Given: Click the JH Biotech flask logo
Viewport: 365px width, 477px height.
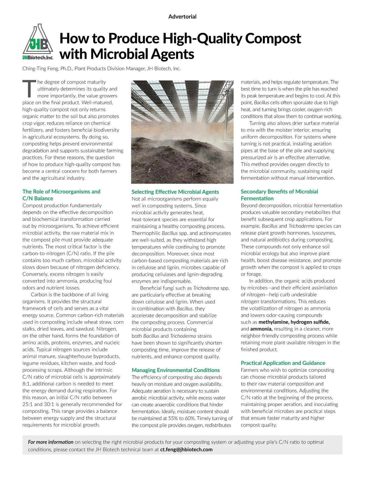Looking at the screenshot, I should click(38, 42).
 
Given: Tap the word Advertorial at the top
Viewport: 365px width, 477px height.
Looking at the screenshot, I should click(182, 16).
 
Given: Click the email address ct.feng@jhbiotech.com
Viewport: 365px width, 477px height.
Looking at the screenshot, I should click(186, 449).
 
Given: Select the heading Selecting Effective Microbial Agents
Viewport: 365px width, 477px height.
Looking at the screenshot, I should click(175, 192).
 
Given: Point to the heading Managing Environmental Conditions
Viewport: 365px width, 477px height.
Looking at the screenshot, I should click(176, 370).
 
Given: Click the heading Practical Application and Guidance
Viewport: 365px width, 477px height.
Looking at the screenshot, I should click(283, 363).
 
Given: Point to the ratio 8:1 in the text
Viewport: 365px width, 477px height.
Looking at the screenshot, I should click(26, 384).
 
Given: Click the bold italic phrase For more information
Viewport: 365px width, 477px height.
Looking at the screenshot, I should click(50, 442).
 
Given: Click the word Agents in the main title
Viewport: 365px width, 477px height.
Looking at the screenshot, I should click(172, 54).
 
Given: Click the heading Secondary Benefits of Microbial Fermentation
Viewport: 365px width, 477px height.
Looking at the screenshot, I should click(279, 195).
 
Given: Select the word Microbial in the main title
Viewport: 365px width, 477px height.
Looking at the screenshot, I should click(119, 54).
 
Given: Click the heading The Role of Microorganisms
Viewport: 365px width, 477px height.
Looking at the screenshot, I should click(61, 192).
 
